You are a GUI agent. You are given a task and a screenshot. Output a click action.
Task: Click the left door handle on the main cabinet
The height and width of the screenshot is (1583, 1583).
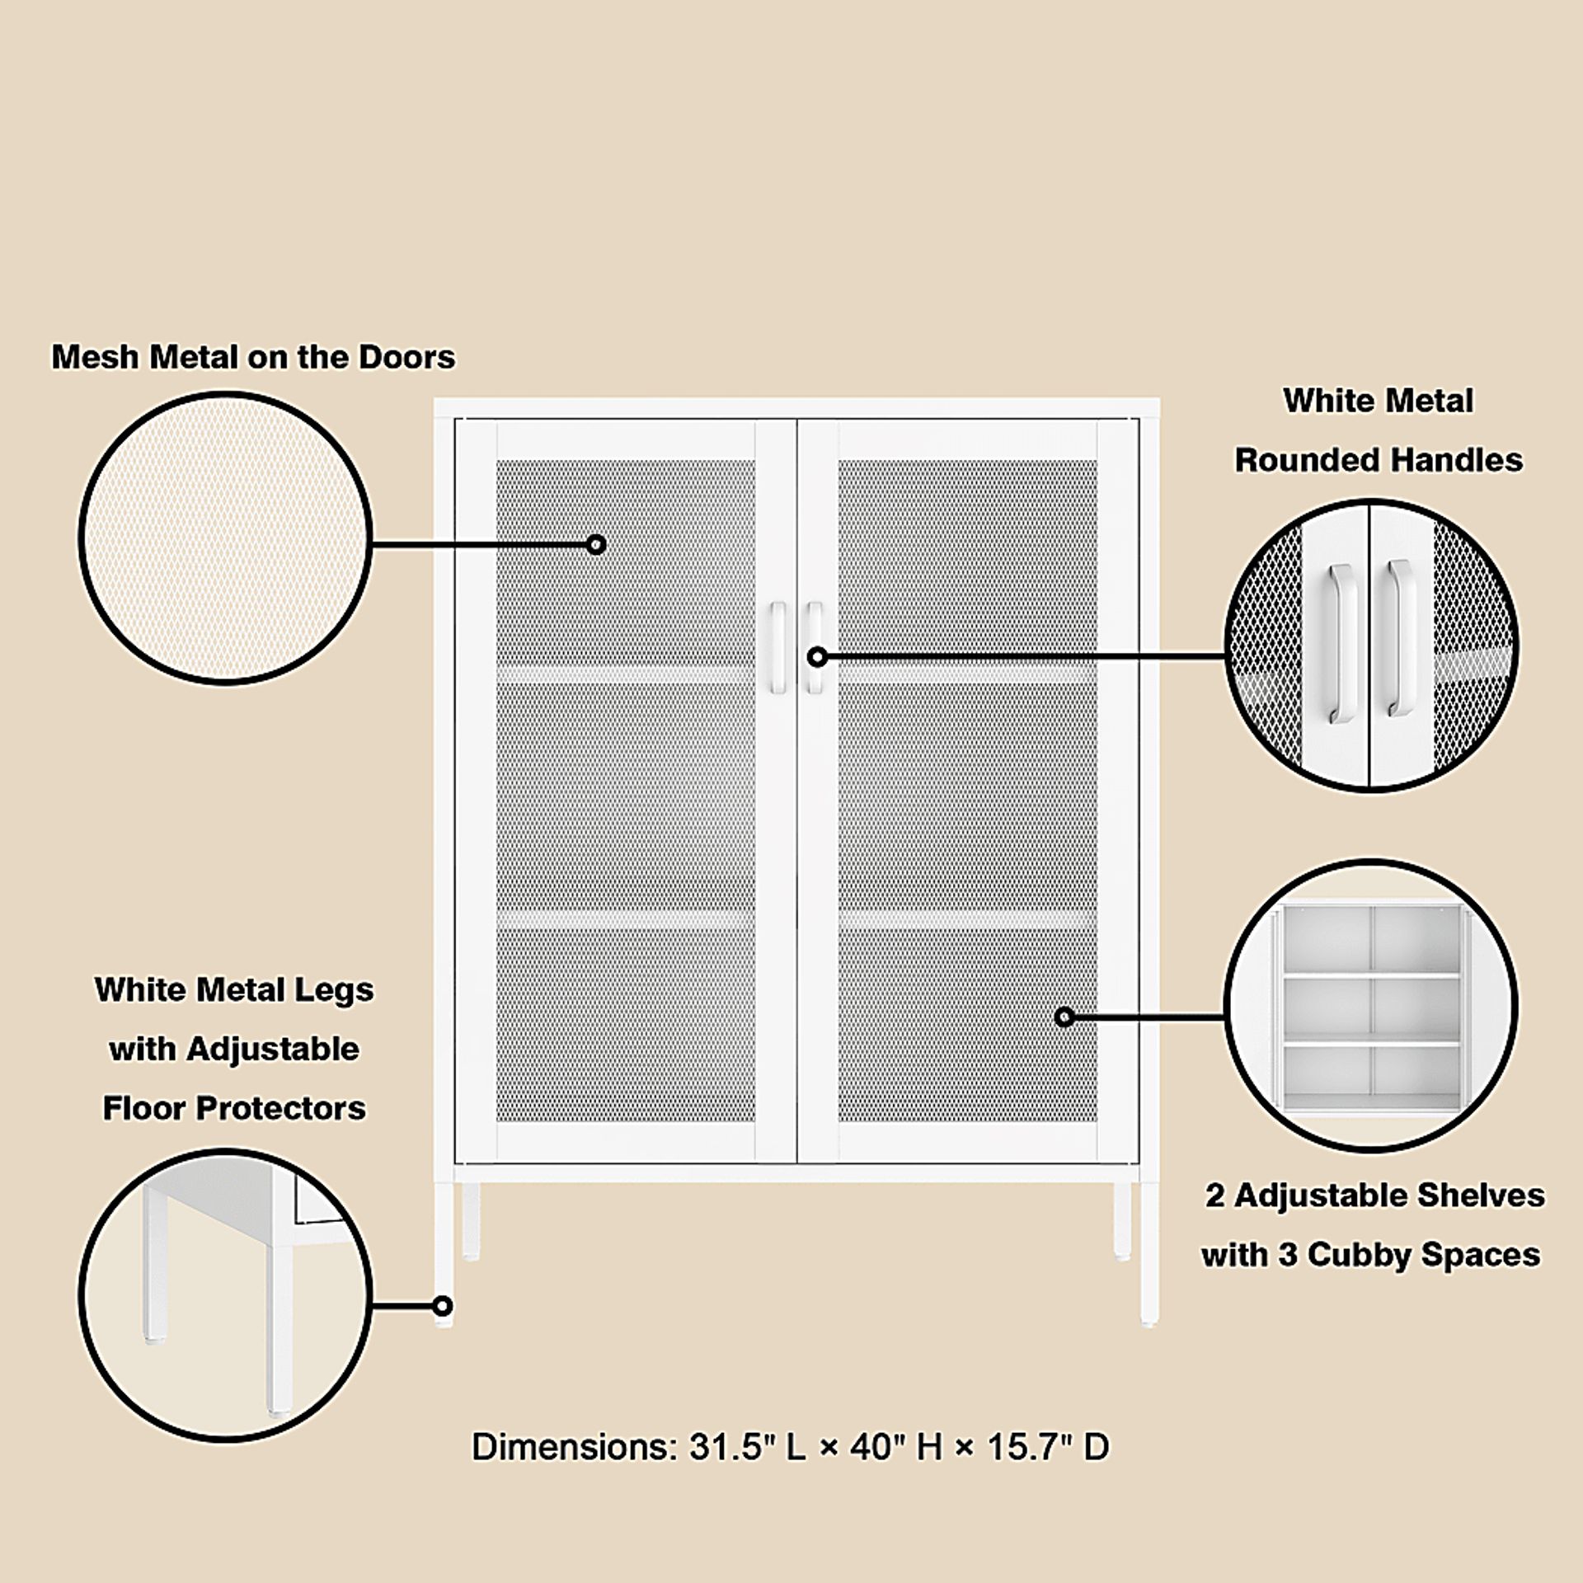click(x=777, y=647)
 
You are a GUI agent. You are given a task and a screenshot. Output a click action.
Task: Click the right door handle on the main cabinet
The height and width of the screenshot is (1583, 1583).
click(x=815, y=647)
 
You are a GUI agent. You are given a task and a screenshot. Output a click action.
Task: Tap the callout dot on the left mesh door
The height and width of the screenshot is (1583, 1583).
click(x=596, y=544)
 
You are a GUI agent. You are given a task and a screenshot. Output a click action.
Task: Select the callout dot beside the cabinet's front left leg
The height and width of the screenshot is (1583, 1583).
click(x=443, y=1306)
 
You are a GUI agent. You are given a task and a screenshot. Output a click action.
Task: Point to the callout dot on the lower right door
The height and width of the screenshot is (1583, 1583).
click(x=1064, y=1017)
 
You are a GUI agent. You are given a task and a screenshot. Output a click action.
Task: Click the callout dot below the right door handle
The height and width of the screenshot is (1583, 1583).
click(x=817, y=657)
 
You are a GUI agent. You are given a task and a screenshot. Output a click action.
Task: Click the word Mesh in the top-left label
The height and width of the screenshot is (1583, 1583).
click(x=92, y=357)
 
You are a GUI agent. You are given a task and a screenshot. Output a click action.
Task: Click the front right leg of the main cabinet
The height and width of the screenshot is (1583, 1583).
click(x=1148, y=1254)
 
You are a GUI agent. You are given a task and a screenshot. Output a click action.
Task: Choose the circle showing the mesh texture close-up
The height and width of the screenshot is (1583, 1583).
click(x=225, y=538)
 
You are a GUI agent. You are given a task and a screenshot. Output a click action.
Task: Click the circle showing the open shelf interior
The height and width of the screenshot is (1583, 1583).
click(x=1371, y=1005)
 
